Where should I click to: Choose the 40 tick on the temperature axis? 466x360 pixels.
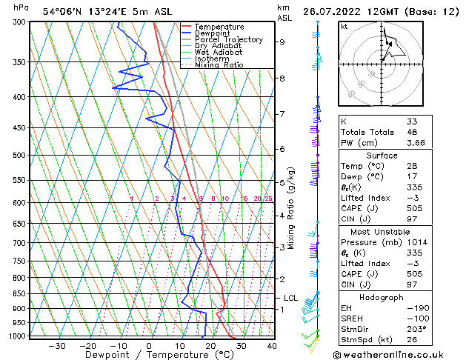pyautogui.click(x=272, y=345)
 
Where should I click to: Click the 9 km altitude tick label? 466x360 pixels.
pyautogui.click(x=282, y=42)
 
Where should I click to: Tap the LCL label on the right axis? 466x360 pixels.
pyautogui.click(x=290, y=298)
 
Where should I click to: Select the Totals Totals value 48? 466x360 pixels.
pyautogui.click(x=412, y=132)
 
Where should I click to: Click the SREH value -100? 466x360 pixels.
pyautogui.click(x=416, y=318)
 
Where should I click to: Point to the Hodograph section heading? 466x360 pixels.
pyautogui.click(x=382, y=296)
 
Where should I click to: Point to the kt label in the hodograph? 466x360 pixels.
pyautogui.click(x=344, y=26)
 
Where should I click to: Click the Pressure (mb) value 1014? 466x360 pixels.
pyautogui.click(x=416, y=241)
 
